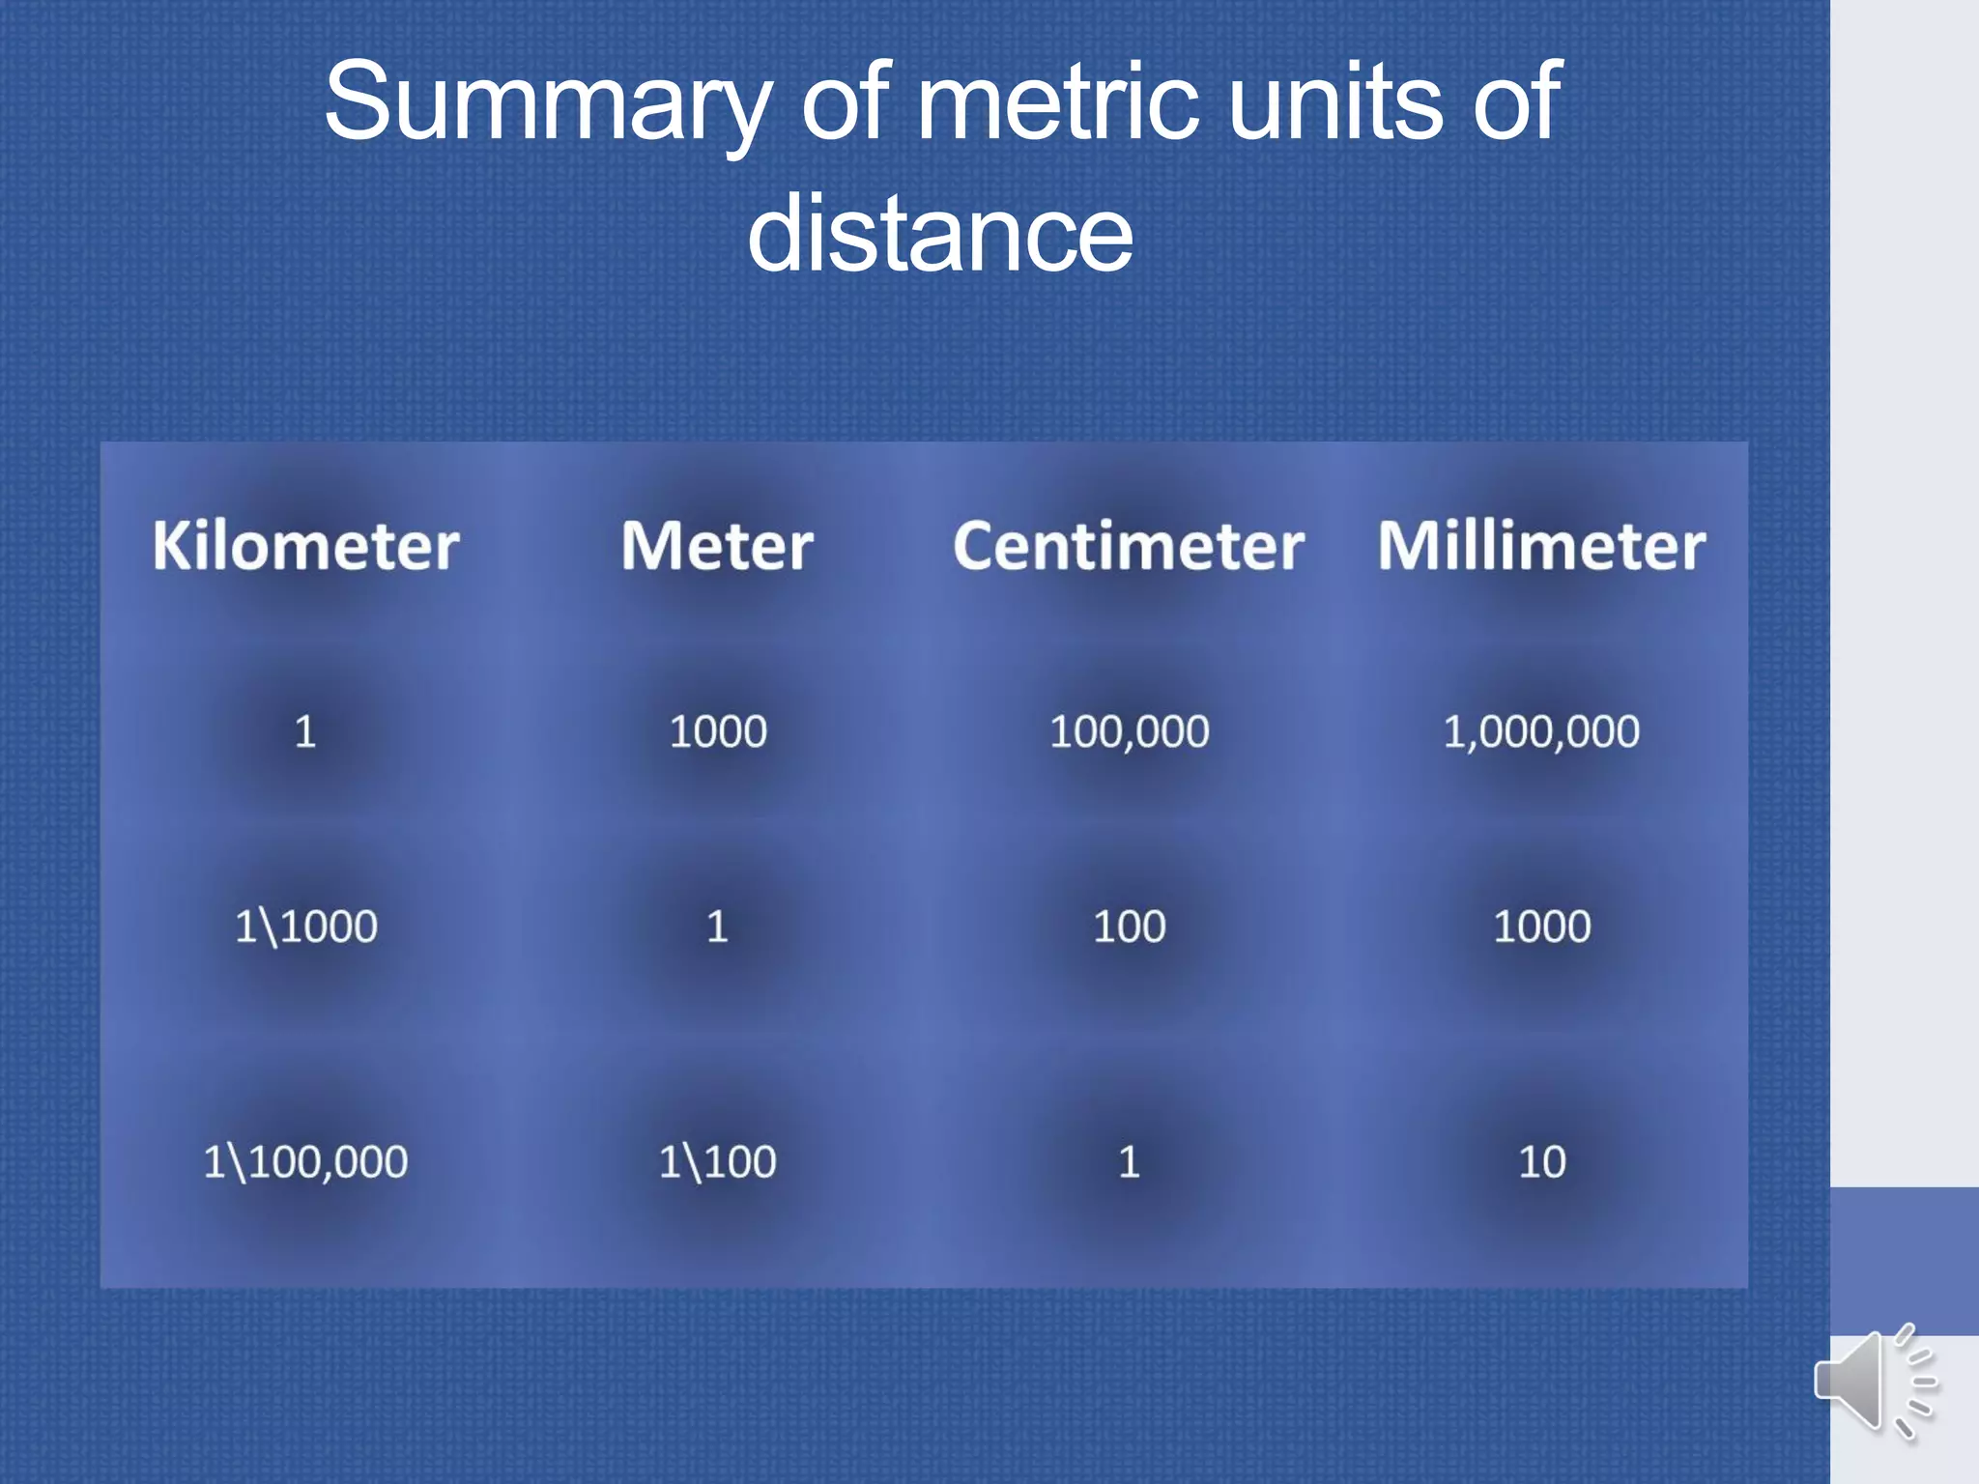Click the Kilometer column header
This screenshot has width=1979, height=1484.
coord(305,546)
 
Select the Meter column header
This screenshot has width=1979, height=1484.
coord(717,546)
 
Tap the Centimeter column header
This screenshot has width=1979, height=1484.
coord(1129,546)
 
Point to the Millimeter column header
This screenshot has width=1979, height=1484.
coord(1541,546)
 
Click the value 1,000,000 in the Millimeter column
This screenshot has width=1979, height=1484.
coord(1541,731)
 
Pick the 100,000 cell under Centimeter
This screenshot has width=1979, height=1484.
coord(1129,731)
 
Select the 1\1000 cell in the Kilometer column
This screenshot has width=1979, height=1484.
coord(305,927)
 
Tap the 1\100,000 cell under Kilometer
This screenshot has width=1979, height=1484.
coord(305,1161)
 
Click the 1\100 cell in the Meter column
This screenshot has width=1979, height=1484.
coord(717,1161)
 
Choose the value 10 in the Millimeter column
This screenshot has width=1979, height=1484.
coord(1541,1161)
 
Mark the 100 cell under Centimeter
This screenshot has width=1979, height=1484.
coord(1129,927)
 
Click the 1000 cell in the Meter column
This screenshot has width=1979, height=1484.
coord(717,731)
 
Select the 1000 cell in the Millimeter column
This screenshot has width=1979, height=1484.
coord(1541,927)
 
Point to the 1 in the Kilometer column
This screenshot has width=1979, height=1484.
coord(305,731)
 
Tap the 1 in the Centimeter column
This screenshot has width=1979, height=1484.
coord(1129,1161)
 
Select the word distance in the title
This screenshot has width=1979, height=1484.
coord(940,233)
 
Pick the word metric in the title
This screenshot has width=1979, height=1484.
coord(1057,100)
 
